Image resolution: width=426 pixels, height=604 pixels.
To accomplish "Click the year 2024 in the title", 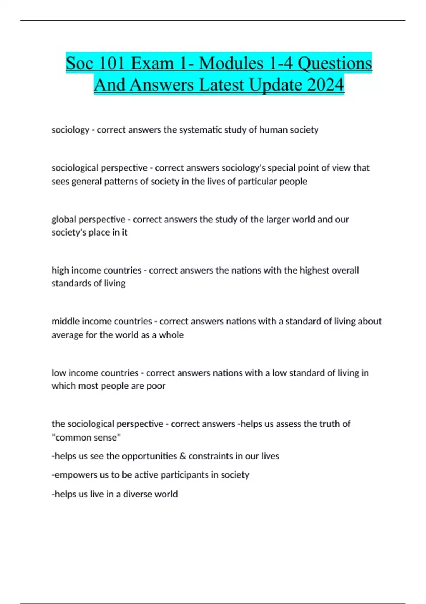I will [x=326, y=85].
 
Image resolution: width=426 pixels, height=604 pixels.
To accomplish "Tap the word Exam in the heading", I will [x=152, y=64].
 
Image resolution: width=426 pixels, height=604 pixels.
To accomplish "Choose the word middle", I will [x=66, y=322].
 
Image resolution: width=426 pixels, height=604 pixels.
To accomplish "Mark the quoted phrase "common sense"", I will [x=86, y=437].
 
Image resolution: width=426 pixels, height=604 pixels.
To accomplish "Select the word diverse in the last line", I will [x=135, y=494].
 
